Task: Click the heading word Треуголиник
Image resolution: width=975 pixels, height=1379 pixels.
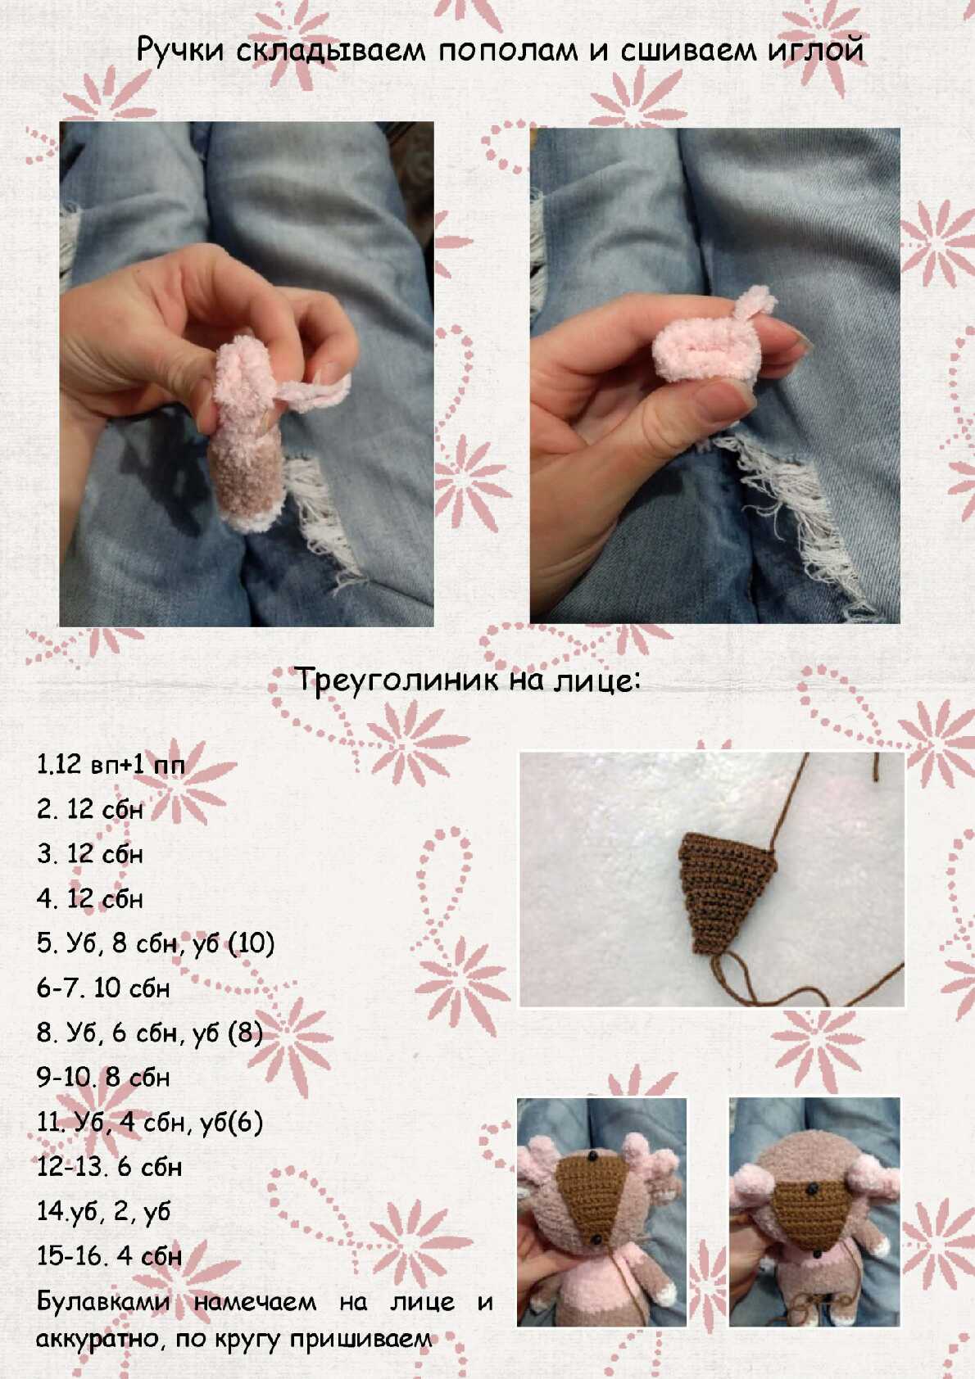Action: [x=397, y=680]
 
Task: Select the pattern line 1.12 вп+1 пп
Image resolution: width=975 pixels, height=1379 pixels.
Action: [x=111, y=765]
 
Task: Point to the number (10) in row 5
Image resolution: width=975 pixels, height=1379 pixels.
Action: [x=251, y=943]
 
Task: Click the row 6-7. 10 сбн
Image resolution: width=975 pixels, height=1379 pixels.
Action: [x=103, y=988]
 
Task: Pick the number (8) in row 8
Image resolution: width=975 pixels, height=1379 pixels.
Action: [x=246, y=1033]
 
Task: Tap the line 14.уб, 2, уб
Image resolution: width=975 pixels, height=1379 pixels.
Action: [x=103, y=1213]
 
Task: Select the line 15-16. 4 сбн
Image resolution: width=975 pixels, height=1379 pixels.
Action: [x=109, y=1256]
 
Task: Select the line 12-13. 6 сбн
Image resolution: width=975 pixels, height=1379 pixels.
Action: [x=109, y=1167]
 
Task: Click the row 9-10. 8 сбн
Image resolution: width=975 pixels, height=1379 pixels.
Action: [x=103, y=1078]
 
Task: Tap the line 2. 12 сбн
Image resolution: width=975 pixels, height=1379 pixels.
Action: [x=90, y=810]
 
